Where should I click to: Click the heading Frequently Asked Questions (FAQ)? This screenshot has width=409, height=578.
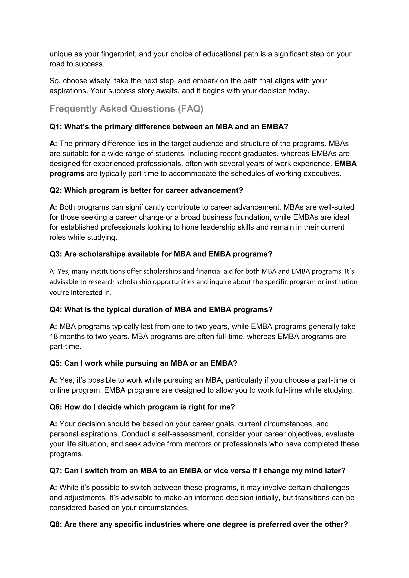pyautogui.click(x=126, y=109)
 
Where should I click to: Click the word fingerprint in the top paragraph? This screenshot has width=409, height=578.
pyautogui.click(x=119, y=54)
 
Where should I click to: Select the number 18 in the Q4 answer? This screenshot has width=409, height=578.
pyautogui.click(x=53, y=337)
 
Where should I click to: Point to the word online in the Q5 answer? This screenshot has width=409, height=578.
pyautogui.click(x=60, y=390)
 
